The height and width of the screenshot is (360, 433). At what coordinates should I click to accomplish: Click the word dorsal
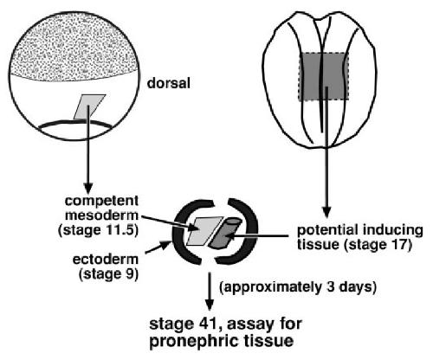[x=169, y=83]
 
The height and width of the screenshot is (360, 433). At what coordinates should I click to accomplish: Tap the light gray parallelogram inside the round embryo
[x=89, y=106]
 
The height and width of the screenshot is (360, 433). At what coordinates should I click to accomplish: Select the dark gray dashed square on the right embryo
[x=323, y=76]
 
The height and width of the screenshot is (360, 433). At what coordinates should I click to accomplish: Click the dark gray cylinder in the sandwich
[x=225, y=234]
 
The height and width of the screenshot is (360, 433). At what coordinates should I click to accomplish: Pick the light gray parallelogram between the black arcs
[x=204, y=231]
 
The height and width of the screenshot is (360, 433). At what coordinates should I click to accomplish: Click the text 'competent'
[x=101, y=201]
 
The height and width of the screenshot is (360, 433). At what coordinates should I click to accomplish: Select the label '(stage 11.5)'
[x=99, y=230]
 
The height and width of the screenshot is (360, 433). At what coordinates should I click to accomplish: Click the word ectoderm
[x=106, y=260]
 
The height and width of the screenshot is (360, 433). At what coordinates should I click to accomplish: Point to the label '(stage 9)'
[x=108, y=273]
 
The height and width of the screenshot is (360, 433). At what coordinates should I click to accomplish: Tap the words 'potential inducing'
[x=360, y=230]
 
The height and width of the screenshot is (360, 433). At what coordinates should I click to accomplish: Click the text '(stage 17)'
[x=378, y=245]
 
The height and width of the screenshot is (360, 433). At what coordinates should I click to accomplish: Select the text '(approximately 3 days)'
[x=298, y=287]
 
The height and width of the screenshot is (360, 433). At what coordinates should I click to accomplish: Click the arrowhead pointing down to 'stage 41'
[x=210, y=305]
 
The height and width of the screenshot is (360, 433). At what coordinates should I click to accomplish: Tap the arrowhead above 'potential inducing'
[x=326, y=212]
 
